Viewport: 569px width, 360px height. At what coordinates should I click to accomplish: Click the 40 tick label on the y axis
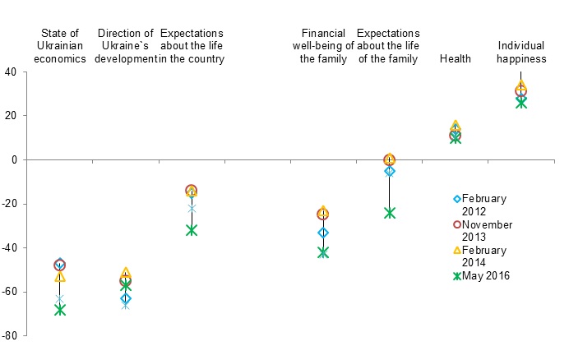tap(12, 72)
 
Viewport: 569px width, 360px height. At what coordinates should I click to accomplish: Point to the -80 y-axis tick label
tap(10, 336)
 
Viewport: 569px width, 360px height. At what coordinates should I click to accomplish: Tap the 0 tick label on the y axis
tap(15, 160)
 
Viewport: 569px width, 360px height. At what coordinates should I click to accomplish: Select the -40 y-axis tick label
tap(10, 248)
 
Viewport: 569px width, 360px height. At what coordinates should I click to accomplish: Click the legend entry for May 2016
tap(485, 275)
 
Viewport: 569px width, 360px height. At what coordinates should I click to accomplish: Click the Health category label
tap(455, 58)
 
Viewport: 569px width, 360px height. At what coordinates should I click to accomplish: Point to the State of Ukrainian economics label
tap(59, 46)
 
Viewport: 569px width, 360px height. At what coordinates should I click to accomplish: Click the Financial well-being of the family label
tap(323, 46)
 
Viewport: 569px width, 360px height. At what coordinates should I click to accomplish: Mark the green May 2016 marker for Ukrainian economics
tap(59, 310)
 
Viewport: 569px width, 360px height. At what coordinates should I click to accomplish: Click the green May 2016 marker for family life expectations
tap(389, 213)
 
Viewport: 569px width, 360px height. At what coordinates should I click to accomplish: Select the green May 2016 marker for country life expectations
tap(192, 230)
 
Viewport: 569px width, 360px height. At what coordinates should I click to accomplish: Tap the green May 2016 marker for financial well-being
tap(323, 252)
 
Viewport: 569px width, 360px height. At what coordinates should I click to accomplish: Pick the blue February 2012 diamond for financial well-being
tap(323, 233)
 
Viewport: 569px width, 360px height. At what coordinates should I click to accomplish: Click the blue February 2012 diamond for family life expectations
tap(389, 171)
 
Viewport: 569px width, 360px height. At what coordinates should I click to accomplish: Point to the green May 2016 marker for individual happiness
tap(520, 103)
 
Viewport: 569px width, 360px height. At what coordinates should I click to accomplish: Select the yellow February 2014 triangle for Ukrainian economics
tap(59, 277)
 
